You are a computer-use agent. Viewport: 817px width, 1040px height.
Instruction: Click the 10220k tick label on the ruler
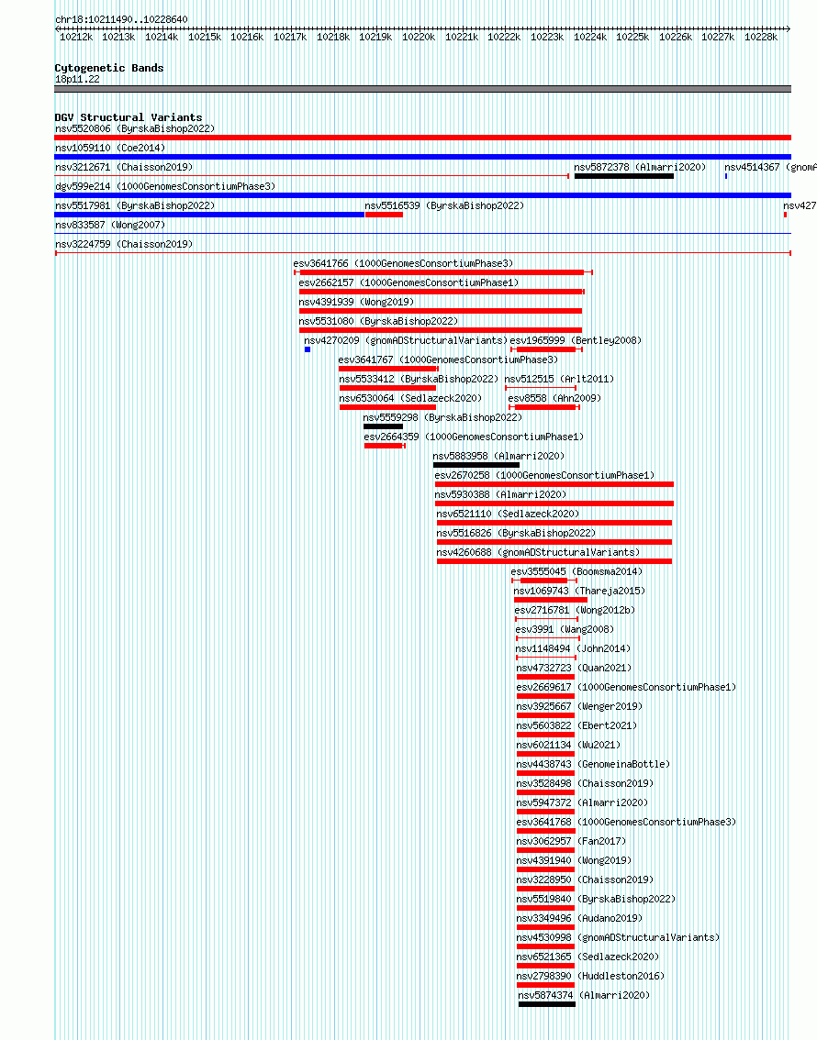tap(419, 37)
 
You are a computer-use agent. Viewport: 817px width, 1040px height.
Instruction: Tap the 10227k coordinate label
tap(718, 37)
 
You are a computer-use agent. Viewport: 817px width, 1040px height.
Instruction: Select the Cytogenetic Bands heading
tap(109, 68)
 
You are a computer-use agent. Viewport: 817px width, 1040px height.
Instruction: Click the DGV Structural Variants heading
tap(129, 117)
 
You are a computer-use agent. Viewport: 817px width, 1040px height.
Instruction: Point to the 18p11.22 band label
tap(77, 79)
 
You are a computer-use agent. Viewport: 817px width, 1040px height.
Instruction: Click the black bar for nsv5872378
tap(624, 176)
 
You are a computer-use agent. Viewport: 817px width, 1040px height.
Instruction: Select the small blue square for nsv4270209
tap(308, 349)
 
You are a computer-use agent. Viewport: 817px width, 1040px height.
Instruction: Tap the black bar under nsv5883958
tap(476, 465)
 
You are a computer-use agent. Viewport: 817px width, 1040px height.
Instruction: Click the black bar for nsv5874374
tap(547, 1004)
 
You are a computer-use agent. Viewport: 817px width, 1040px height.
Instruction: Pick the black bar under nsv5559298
tap(383, 426)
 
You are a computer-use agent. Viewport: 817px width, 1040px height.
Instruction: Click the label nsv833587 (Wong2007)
tap(110, 225)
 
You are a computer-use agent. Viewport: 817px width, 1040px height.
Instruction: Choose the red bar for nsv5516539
tap(384, 215)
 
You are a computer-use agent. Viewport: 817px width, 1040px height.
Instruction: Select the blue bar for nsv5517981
tap(209, 215)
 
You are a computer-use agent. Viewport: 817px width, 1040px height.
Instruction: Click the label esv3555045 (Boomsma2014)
tap(576, 571)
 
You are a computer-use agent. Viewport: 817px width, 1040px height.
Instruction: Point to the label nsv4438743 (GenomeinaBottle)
tap(593, 764)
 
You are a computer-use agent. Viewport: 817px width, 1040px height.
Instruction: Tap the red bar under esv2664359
tap(384, 446)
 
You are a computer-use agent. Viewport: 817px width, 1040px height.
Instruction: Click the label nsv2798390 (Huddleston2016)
tap(590, 976)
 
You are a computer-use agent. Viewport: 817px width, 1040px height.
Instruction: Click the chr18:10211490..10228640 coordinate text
tap(121, 19)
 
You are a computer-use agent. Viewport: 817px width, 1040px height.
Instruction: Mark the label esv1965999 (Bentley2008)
tap(576, 340)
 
